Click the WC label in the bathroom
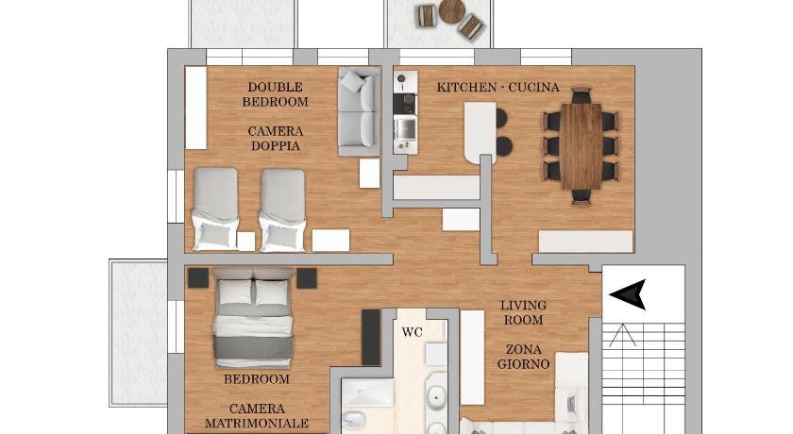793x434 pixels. point(413,332)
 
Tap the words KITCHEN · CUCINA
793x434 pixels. point(498,88)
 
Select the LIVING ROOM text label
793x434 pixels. point(523,312)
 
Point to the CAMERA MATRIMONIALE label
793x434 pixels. point(257,416)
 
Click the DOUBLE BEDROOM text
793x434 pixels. point(275,94)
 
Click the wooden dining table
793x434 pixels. point(582,146)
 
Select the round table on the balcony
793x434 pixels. point(451,11)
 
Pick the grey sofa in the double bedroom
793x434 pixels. point(359,111)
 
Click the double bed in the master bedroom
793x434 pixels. point(254,317)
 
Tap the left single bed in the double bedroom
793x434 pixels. point(216,209)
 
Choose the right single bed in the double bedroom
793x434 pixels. point(282,210)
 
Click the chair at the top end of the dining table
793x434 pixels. point(582,94)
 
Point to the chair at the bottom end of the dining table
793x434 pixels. point(582,197)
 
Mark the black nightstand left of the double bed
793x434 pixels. point(198,278)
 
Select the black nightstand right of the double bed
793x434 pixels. point(307,278)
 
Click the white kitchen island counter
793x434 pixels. point(480,132)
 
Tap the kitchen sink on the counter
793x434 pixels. point(405,129)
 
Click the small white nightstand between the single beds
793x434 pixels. point(246,241)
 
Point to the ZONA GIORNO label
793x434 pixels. point(523,357)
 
